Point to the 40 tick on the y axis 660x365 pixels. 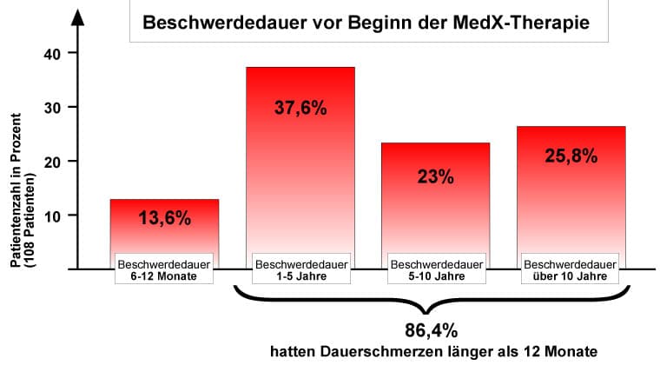52,53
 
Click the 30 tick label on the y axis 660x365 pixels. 52,107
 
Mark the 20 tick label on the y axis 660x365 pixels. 52,161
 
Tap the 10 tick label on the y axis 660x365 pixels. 52,215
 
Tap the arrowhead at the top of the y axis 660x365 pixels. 77,17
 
